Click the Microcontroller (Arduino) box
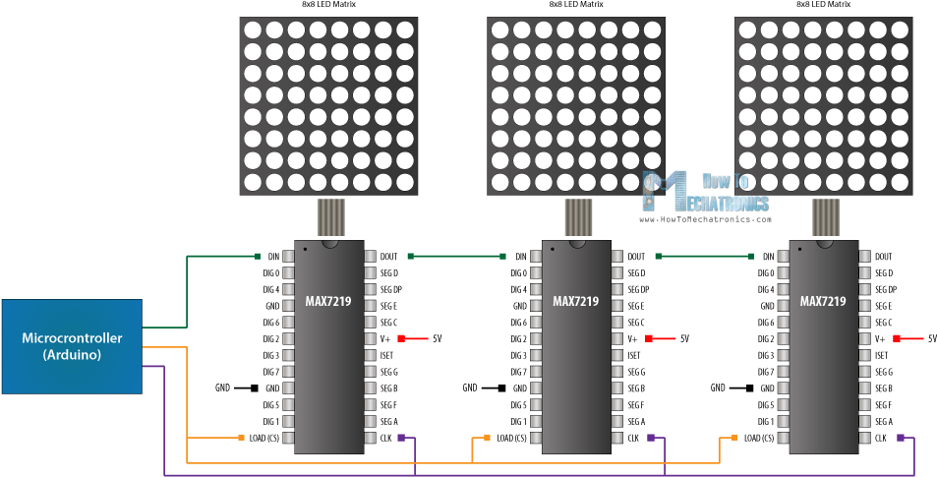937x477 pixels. pos(72,346)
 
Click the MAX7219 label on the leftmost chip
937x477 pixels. pos(328,301)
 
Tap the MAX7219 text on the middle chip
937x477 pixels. pos(575,301)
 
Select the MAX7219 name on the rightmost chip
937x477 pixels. pos(823,301)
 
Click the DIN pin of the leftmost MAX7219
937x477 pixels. pos(272,256)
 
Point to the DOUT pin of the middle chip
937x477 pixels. pos(636,256)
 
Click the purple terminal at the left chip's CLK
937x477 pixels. pos(401,437)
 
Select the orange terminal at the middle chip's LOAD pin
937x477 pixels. pos(487,437)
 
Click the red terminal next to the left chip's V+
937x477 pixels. pos(401,337)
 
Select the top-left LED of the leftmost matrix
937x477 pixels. pos(254,30)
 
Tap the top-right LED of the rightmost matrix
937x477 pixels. pos(899,30)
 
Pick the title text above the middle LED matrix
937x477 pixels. pos(576,5)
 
